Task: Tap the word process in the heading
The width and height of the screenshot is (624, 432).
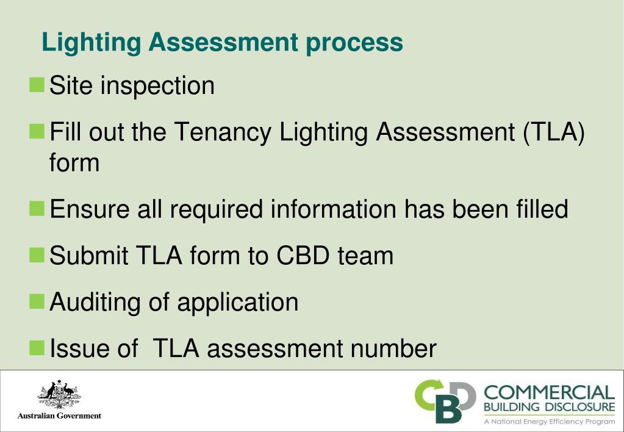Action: coord(354,43)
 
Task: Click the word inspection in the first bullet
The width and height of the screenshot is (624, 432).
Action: coord(157,86)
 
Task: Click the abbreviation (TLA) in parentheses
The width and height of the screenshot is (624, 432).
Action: coord(553,132)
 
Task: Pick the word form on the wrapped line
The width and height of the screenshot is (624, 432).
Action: coord(74,163)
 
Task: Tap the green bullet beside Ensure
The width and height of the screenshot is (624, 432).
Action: coord(37,209)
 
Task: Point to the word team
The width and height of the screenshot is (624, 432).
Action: coord(365,256)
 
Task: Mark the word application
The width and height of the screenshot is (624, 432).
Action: coord(237,302)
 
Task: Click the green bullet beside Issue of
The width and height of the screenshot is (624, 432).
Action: coord(37,348)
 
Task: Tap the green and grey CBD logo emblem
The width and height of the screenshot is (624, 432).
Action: coord(445,401)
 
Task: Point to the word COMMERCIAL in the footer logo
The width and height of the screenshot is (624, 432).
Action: coord(549,392)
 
